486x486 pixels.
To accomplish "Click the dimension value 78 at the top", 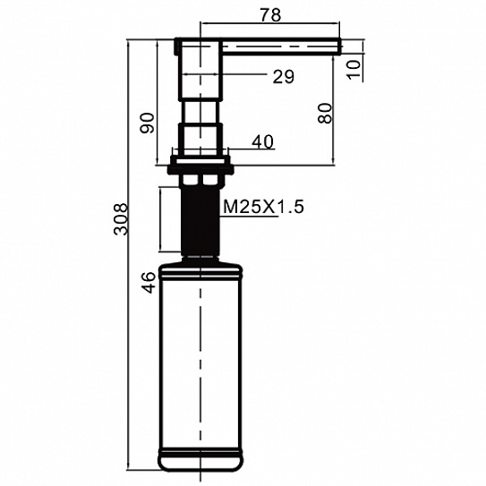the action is coord(270,15).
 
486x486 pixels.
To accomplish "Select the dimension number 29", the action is coord(284,77).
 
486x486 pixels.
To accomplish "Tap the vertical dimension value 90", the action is coord(147,123).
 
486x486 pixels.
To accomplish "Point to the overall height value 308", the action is coord(121,218).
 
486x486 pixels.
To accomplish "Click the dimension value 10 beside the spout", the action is coord(354,70).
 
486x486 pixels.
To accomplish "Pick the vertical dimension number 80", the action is coord(325,113).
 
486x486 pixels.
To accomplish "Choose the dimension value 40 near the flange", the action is coord(262,141).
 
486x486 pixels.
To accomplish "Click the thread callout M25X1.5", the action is coord(263,207).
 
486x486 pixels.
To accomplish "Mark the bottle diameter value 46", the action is coord(149,282).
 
